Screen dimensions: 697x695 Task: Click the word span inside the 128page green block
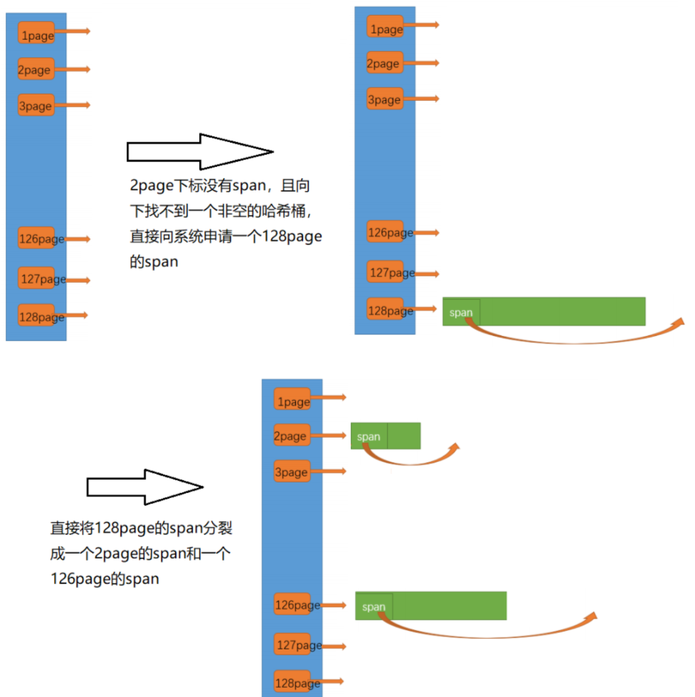(461, 313)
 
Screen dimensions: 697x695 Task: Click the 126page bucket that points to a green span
(292, 605)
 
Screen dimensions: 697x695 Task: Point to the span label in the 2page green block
(368, 436)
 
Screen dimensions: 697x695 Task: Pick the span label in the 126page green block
(373, 607)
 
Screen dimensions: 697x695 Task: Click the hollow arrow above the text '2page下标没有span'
(200, 151)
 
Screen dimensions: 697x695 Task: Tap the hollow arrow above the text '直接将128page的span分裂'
(145, 487)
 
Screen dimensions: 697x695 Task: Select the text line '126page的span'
(105, 579)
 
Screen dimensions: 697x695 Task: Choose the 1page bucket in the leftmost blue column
(36, 34)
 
